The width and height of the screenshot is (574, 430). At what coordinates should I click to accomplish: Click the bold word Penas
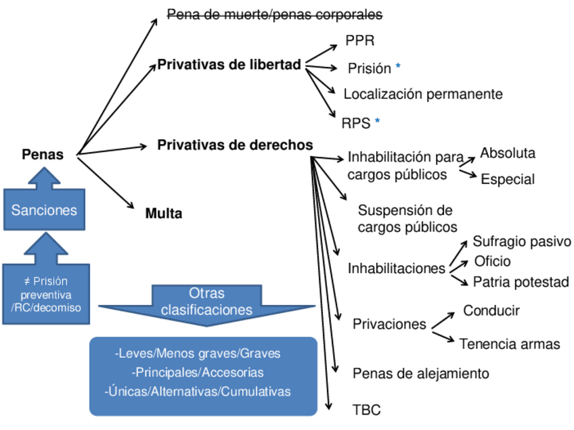click(43, 155)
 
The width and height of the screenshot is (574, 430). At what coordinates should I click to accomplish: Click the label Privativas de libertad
click(229, 66)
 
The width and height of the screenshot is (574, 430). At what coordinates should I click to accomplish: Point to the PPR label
click(359, 41)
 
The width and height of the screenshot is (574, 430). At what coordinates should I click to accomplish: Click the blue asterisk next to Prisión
click(398, 67)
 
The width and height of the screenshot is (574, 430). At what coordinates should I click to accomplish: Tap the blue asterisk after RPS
click(377, 122)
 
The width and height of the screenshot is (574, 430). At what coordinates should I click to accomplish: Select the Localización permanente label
click(423, 94)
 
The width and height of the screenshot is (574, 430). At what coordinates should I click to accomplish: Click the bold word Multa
click(164, 214)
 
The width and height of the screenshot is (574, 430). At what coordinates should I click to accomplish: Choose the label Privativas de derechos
click(235, 145)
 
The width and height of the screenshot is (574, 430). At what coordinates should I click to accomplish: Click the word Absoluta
click(508, 153)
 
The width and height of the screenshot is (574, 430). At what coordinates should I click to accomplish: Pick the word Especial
click(508, 179)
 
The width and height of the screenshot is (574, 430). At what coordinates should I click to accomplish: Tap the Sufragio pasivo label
click(522, 241)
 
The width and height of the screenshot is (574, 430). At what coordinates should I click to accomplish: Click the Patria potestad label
click(521, 281)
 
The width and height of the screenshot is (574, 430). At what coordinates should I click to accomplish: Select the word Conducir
click(491, 311)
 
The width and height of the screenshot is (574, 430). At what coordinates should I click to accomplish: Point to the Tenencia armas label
click(510, 343)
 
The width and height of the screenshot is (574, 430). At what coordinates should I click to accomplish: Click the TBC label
click(366, 410)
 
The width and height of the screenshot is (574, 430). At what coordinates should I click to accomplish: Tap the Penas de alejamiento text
click(420, 373)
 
